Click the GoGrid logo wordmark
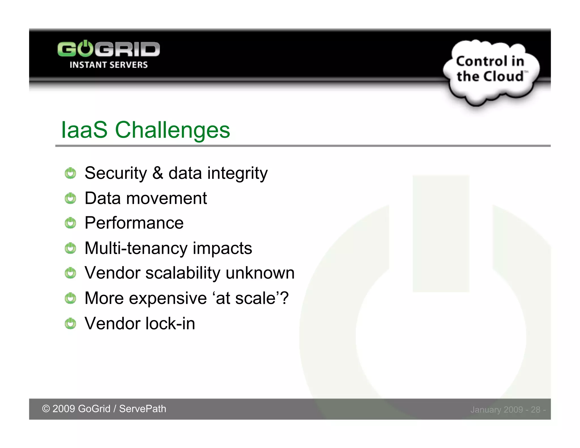108,49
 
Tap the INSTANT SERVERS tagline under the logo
108,65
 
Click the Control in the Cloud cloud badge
491,71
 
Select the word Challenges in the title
172,130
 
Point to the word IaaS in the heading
84,130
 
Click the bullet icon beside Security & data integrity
70,173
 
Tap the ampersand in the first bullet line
158,173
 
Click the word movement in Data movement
167,198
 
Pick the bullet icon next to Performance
70,223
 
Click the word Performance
134,223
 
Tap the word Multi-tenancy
136,248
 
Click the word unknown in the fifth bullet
260,273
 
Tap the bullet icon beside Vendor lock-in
70,324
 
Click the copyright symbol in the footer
46,409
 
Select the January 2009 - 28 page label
507,410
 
